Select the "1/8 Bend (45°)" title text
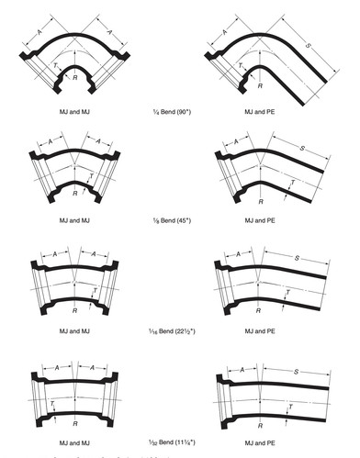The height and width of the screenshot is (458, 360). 174,221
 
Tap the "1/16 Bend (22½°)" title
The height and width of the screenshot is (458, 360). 174,329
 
